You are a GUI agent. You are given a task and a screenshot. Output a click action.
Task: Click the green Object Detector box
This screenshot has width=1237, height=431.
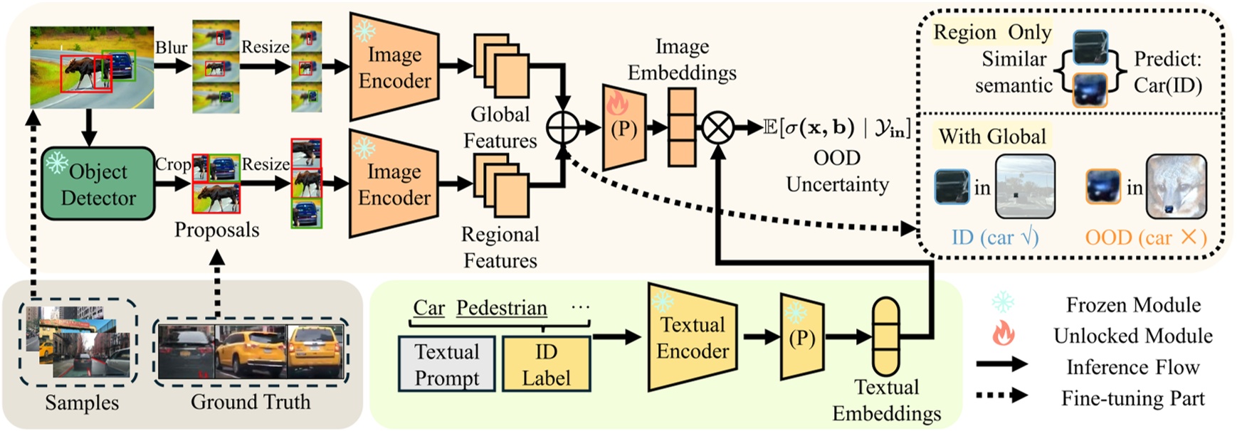(98, 183)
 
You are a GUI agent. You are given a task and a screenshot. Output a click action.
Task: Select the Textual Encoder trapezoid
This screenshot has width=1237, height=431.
(693, 338)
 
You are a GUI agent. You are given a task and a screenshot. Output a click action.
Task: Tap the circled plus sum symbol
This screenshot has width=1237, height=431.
(563, 128)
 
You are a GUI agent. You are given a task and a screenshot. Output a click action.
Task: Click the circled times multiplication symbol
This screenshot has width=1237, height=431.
(718, 128)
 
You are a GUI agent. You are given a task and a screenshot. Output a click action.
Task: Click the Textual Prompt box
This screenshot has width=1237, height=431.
(447, 364)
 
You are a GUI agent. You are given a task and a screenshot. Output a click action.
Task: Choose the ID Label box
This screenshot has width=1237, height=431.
(546, 364)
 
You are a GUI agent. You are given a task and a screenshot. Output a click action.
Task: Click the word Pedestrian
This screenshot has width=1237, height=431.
(501, 307)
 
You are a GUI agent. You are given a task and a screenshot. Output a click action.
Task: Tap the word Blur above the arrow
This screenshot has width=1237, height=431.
(172, 47)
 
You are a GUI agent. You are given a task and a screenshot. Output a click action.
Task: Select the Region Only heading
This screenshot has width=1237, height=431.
(992, 32)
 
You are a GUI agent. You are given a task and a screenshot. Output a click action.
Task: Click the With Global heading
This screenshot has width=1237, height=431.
(992, 136)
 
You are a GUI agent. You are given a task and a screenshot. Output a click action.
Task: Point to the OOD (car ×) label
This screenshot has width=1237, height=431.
(1145, 237)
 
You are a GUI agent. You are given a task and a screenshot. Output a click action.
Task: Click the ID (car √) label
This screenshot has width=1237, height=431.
(995, 237)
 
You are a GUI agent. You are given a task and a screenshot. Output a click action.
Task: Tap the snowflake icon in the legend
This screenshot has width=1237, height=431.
(1003, 303)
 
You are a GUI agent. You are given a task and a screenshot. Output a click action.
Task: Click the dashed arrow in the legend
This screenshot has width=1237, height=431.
(1002, 395)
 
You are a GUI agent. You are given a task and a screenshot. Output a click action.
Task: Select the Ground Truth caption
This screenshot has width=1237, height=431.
(251, 402)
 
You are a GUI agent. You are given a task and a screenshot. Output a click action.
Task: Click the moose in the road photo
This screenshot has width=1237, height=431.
(82, 71)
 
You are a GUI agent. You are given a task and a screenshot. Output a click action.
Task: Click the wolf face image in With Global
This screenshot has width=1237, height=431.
(1176, 186)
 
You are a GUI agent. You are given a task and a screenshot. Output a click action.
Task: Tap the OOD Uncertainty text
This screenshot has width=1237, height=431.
(837, 171)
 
